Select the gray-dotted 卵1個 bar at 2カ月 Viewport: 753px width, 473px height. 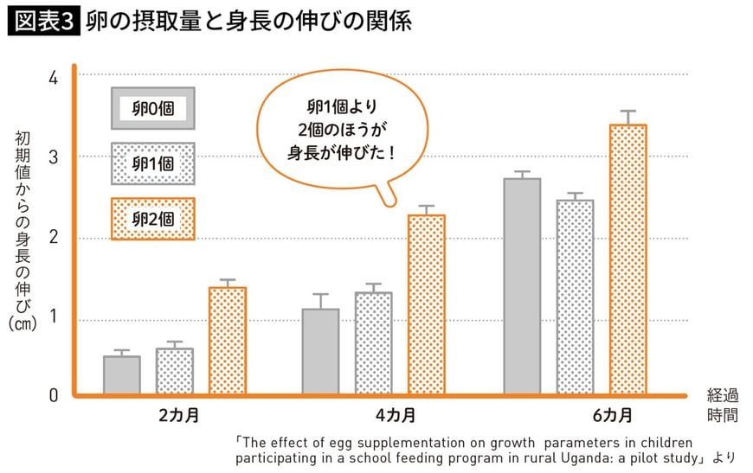click(175, 372)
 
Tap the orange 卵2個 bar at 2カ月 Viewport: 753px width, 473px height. click(228, 342)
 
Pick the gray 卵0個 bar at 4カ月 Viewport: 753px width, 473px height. click(320, 352)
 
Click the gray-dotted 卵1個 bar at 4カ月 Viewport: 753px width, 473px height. click(373, 343)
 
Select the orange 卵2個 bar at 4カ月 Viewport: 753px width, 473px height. click(426, 305)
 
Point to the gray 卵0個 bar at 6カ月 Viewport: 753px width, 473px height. click(522, 287)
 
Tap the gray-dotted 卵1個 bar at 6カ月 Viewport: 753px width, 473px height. click(575, 297)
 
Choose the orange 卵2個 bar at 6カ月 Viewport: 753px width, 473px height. click(627, 259)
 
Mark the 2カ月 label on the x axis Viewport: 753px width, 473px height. click(179, 414)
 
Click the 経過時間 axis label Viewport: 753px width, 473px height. click(723, 405)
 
